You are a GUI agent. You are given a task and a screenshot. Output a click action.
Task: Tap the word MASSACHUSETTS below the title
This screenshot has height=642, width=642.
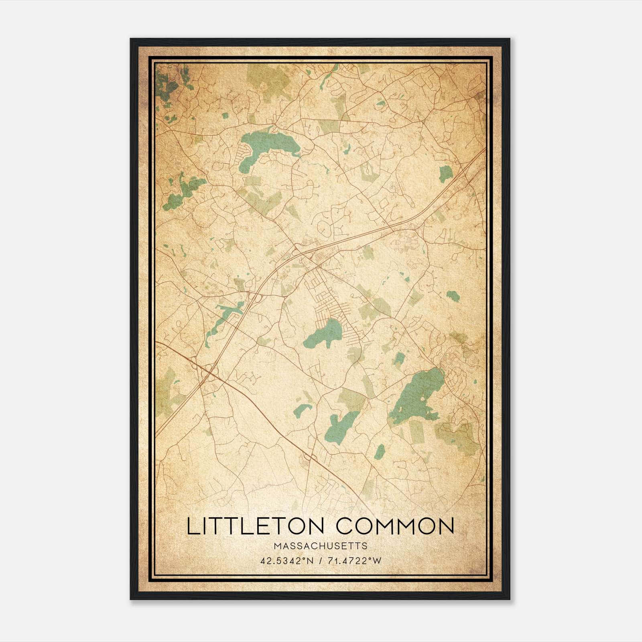pos(320,546)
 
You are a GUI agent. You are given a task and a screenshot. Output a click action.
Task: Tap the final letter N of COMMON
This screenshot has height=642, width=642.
pos(445,526)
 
